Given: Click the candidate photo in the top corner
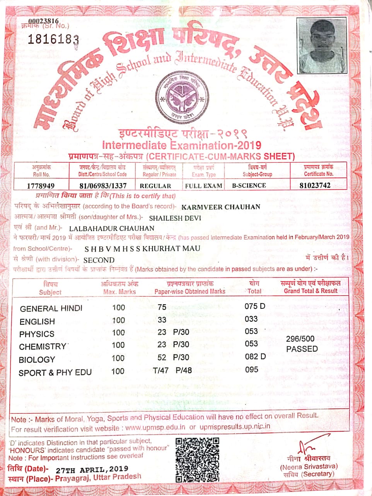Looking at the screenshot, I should (322, 45).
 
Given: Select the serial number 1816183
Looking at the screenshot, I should (53, 39).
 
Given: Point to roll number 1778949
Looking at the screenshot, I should (41, 186).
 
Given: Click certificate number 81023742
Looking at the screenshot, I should (315, 185).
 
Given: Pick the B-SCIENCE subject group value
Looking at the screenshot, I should (249, 186).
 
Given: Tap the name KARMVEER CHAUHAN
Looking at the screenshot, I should (221, 207).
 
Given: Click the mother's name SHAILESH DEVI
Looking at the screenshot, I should (175, 218).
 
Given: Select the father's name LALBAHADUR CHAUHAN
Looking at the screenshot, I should (112, 228).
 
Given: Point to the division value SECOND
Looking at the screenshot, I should (99, 260).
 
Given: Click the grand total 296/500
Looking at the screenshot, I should (300, 339).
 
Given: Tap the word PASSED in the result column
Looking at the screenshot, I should (302, 349).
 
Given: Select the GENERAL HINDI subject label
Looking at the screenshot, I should (51, 309).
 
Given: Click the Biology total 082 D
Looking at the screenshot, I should (255, 356).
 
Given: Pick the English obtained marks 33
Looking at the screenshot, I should (162, 320).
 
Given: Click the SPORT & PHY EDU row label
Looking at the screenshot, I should (55, 373).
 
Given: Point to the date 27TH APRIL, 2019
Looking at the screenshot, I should (92, 470).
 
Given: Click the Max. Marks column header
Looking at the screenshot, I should (119, 288).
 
